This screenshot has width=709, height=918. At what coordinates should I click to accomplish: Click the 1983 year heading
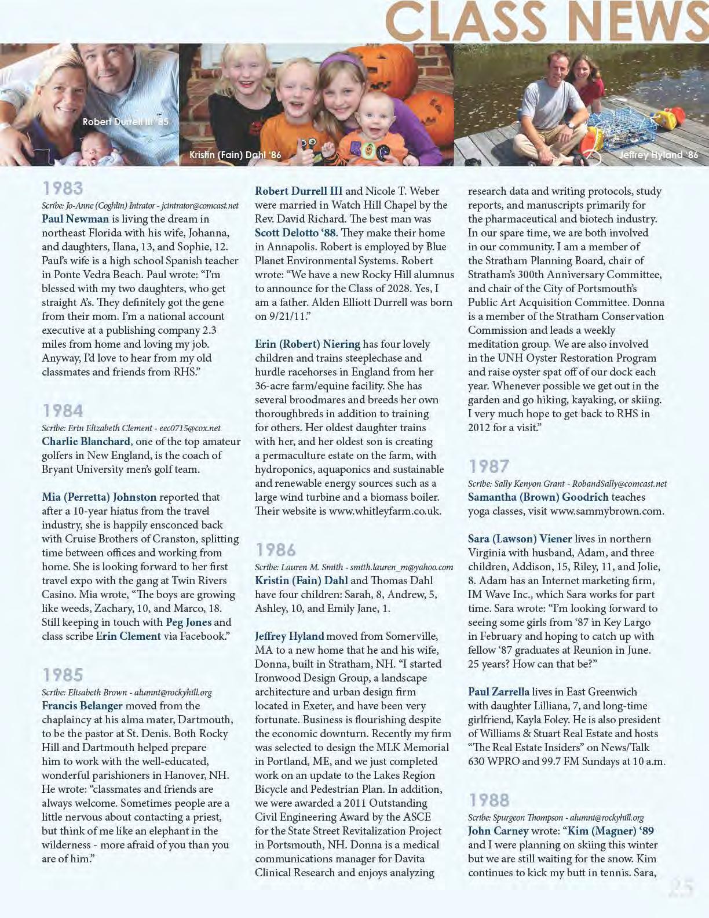coord(63,188)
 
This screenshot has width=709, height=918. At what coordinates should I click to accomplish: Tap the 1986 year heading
coord(276,550)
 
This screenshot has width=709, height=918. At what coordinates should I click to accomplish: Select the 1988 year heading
coord(489,800)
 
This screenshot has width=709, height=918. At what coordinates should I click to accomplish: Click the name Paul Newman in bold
coord(75,218)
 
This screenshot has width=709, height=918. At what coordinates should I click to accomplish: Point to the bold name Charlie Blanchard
coord(86,441)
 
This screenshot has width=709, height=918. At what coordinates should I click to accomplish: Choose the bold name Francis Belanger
coord(82,705)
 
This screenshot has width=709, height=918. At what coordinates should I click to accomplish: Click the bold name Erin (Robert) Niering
coord(308,344)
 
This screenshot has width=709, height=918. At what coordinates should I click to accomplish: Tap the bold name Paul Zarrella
coord(499,691)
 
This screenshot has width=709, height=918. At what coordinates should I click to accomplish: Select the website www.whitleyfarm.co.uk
coord(385,511)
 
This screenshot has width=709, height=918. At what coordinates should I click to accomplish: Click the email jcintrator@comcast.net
coord(200,205)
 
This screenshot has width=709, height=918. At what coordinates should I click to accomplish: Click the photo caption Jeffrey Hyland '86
coord(659,155)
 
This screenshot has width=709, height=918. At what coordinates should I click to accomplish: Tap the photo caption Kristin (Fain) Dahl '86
coord(235,155)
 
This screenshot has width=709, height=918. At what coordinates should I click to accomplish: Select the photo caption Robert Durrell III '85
coord(125,122)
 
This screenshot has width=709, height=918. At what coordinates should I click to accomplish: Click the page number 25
coord(681,888)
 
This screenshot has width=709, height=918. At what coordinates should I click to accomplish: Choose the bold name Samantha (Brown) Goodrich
coord(538,497)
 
